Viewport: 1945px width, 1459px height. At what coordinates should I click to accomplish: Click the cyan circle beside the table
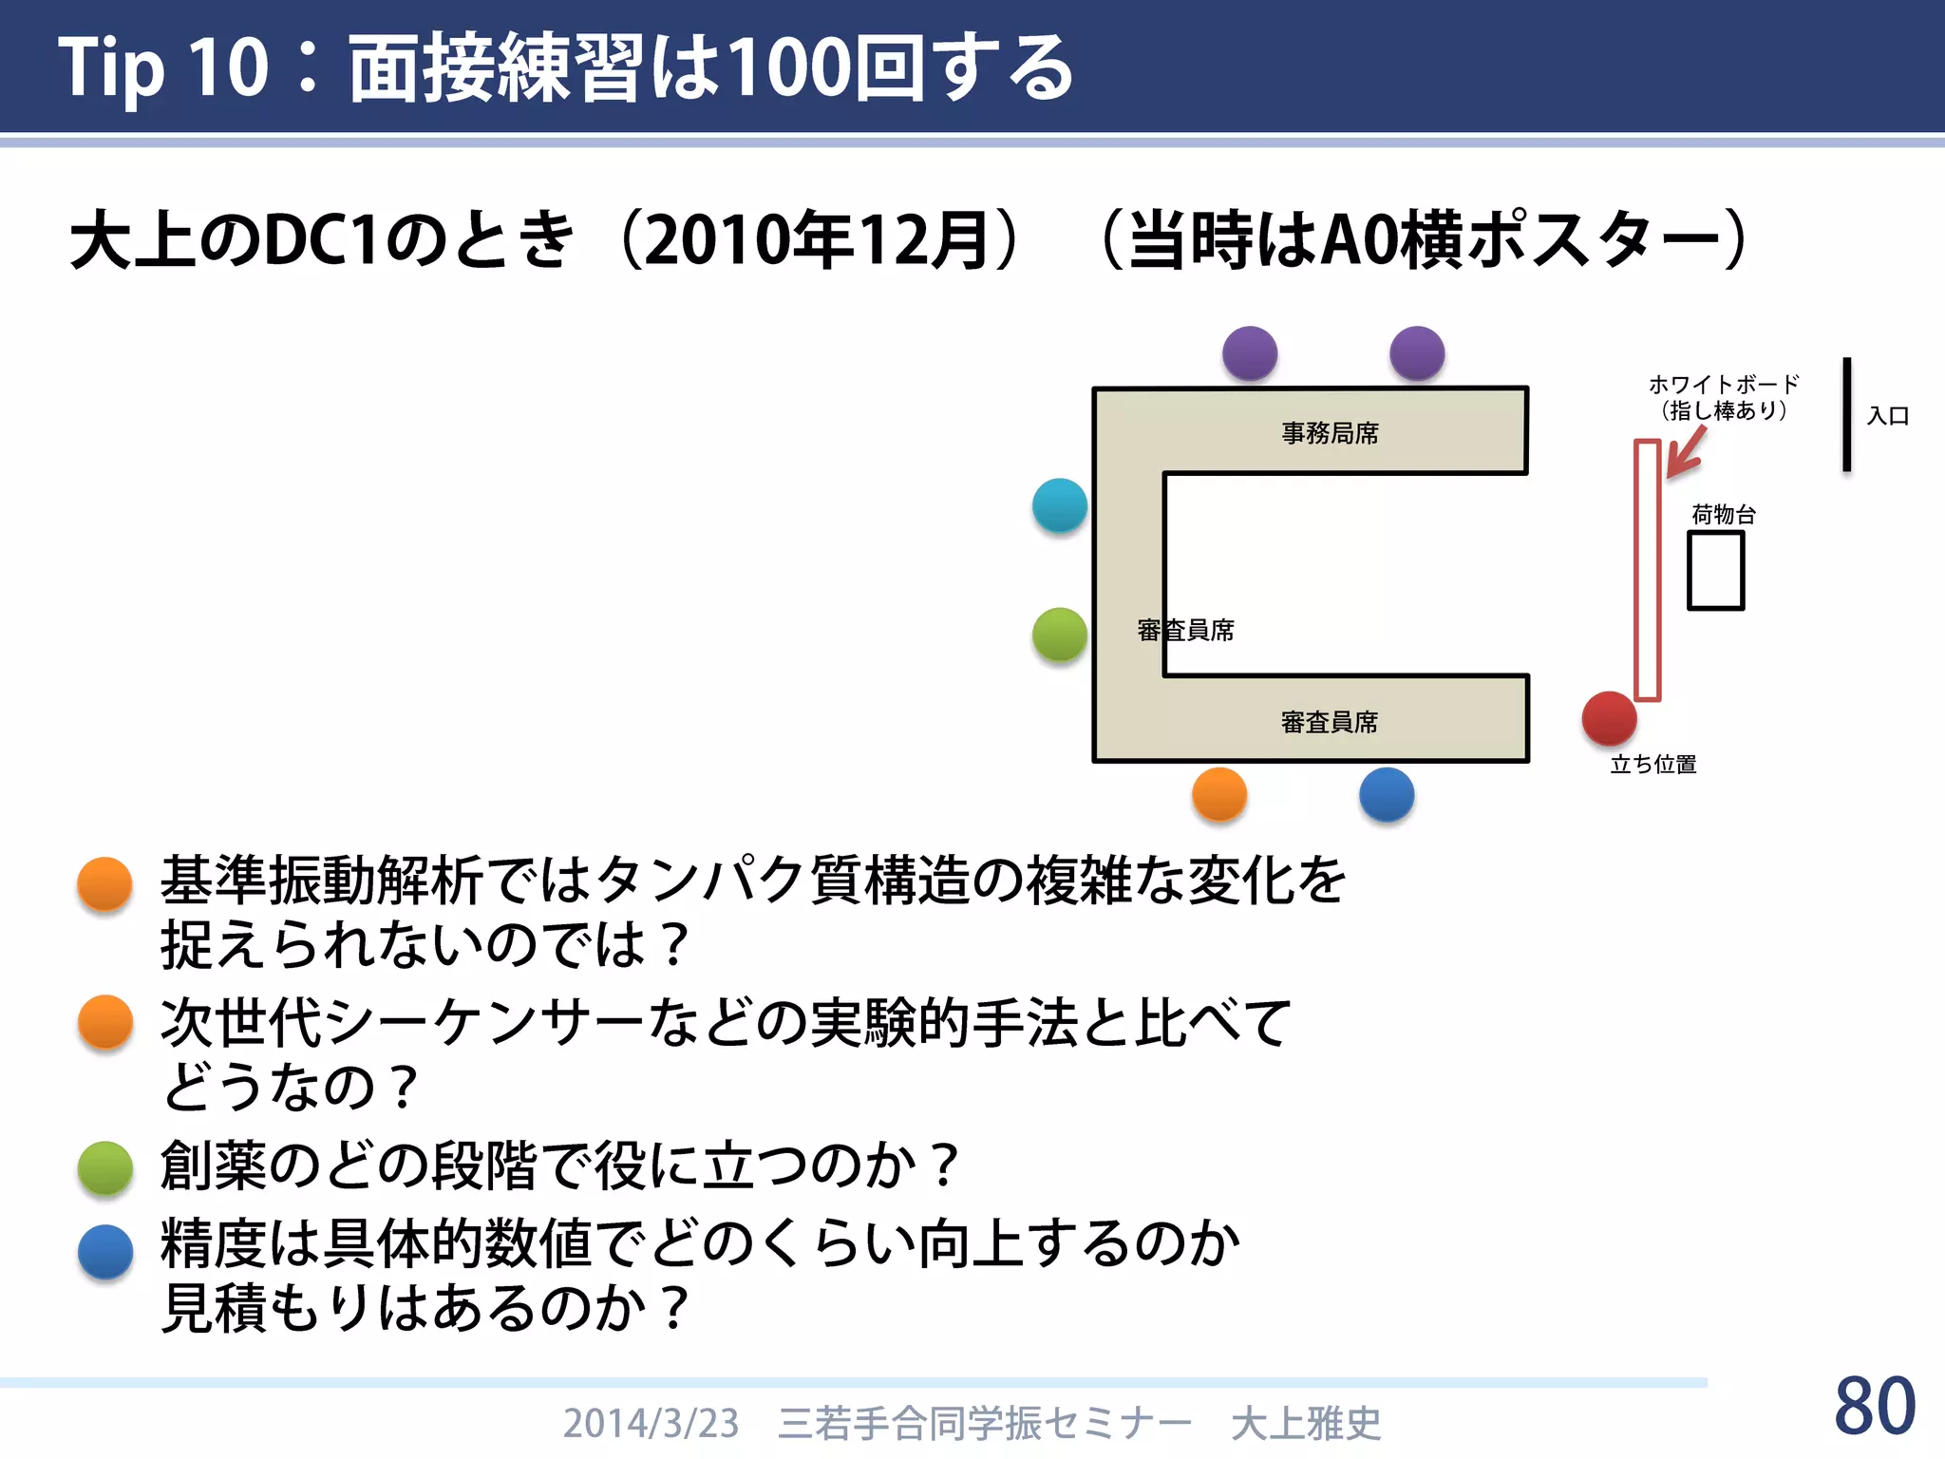pos(1060,505)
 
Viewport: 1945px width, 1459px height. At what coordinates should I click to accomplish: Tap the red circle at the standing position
pos(1609,718)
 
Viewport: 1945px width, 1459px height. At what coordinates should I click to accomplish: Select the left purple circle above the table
pos(1250,353)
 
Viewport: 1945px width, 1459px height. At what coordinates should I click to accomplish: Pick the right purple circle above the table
pos(1417,353)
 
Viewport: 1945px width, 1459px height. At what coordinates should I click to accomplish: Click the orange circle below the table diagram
pos(1219,794)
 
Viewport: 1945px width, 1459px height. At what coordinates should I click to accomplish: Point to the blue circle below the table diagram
pos(1387,794)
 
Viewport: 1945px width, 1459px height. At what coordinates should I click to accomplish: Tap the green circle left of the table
pos(1060,635)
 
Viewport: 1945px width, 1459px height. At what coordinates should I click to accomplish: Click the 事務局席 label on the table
pos(1330,433)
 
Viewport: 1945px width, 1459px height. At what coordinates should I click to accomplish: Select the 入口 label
pos(1888,416)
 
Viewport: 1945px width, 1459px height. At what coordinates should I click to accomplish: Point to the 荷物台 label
pos(1724,515)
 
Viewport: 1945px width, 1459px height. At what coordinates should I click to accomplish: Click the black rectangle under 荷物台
pos(1716,570)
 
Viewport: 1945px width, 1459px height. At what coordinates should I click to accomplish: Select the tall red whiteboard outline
pos(1648,570)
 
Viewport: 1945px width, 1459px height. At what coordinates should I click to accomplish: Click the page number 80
pos(1875,1406)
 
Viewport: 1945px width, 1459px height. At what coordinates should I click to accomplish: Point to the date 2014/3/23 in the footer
pos(651,1423)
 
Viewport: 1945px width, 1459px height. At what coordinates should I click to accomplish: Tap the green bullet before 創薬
pos(105,1167)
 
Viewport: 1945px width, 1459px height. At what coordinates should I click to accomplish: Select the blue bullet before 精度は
pos(105,1251)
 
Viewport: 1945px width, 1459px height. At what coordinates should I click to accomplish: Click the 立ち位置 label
pos(1653,765)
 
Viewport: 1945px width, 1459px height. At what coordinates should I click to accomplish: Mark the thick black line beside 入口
pos(1847,414)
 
